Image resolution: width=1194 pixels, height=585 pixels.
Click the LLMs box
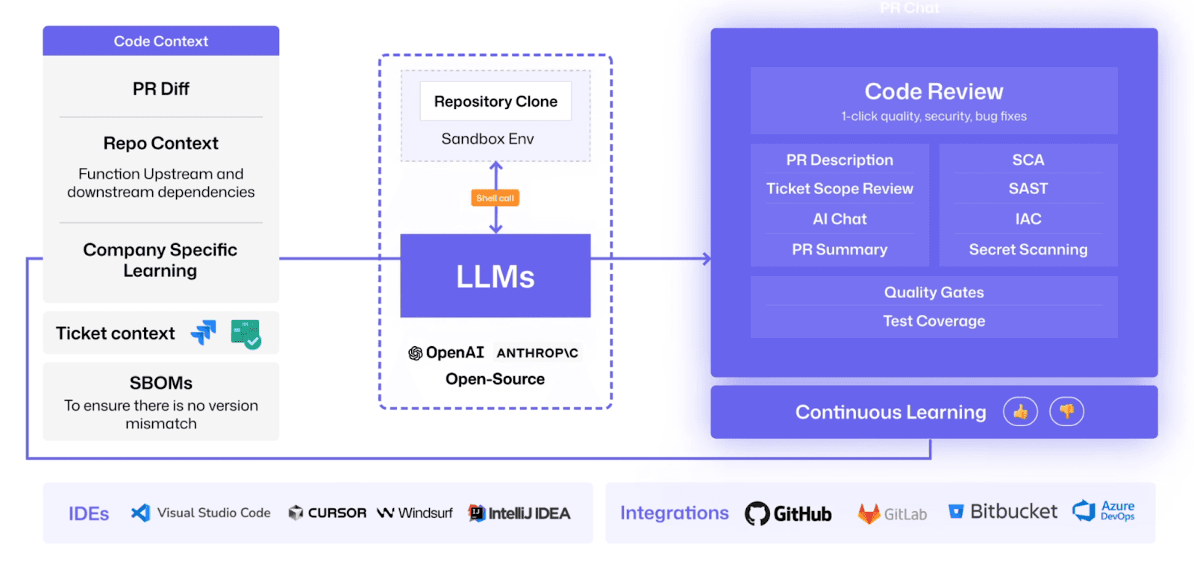[496, 276]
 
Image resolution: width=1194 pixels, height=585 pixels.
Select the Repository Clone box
[496, 101]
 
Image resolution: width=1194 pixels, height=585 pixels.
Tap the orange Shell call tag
[496, 198]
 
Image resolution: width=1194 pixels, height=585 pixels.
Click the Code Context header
[161, 41]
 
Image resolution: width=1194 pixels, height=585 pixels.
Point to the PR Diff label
[161, 89]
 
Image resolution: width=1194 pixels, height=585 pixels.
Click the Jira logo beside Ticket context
[203, 333]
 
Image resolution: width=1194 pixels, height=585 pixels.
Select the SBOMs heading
[161, 383]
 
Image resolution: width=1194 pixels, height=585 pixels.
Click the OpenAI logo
[416, 353]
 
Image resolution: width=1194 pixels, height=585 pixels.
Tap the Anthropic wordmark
[537, 353]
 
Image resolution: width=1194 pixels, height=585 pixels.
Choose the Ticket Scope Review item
[840, 189]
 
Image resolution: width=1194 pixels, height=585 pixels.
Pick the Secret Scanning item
[1028, 249]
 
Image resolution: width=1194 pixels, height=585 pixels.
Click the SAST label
[1028, 189]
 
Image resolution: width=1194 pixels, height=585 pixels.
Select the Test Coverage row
[934, 321]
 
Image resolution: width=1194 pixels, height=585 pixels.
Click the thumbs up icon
[1020, 411]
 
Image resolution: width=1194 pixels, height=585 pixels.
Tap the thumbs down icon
[1066, 411]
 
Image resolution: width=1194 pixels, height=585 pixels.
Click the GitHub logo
[757, 513]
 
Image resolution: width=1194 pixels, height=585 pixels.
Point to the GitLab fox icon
[869, 513]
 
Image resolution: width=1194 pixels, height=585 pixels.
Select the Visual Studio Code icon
[140, 513]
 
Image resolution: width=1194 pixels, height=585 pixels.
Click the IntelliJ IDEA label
[529, 513]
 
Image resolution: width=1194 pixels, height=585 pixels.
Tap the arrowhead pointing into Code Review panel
[706, 259]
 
